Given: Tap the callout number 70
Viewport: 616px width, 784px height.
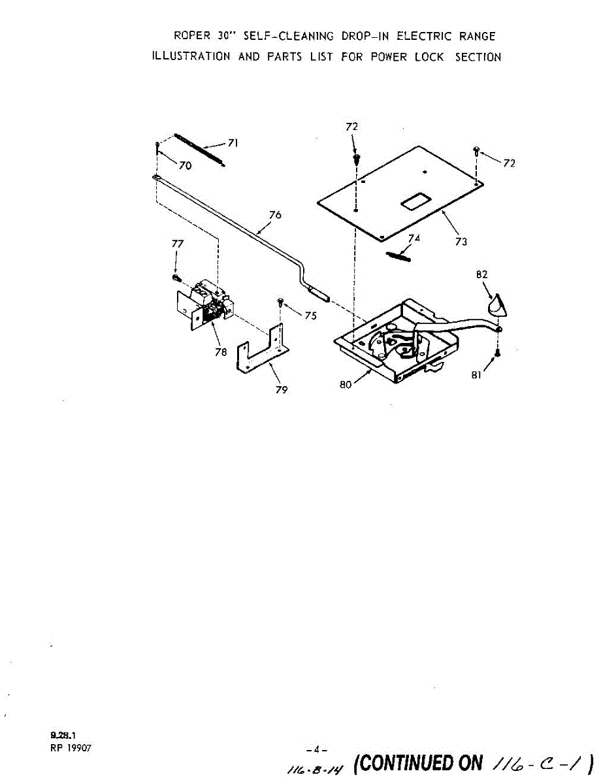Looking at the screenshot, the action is click(186, 166).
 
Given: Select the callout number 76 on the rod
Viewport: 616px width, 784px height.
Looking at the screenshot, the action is click(275, 215).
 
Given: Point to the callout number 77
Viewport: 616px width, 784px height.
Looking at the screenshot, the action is click(177, 244).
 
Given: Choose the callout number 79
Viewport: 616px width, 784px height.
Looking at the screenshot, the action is click(282, 390).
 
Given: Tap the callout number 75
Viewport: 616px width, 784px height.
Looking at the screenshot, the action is click(310, 316).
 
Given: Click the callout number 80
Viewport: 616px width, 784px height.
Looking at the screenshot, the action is click(346, 385).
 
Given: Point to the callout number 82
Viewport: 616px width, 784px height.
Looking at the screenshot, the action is click(482, 275).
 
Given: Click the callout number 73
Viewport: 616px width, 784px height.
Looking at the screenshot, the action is click(461, 242).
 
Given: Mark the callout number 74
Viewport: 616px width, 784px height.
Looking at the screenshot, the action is click(414, 238).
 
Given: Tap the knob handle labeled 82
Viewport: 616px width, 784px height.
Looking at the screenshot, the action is click(497, 305).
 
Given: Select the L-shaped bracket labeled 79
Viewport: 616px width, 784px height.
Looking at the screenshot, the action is click(261, 357).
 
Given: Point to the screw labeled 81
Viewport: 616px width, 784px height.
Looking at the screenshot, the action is click(498, 353).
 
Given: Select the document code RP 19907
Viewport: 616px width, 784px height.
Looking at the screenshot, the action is click(71, 749).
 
